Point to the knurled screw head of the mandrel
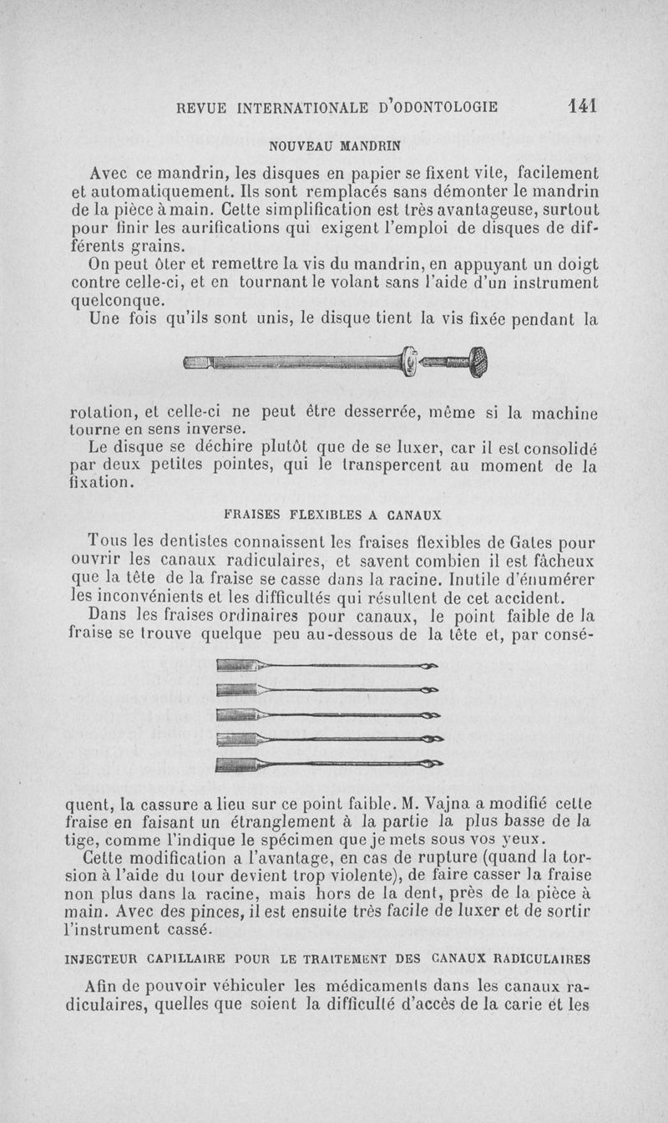pyautogui.click(x=479, y=362)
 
